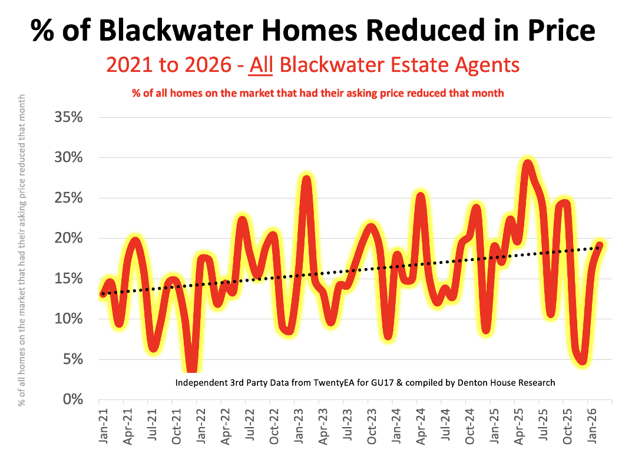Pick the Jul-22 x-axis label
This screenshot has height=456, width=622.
click(249, 425)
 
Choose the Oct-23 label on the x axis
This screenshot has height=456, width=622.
click(371, 425)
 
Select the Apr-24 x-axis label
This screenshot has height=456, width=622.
click(421, 425)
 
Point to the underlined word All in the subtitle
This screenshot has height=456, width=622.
click(261, 64)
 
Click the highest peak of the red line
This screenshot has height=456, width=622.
click(527, 165)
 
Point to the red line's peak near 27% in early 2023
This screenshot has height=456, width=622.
click(305, 179)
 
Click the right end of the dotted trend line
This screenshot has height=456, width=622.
click(600, 247)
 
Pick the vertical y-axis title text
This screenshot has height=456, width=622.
click(22, 250)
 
